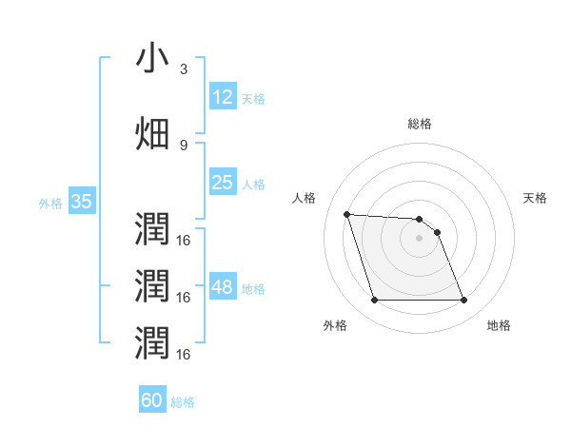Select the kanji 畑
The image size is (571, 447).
point(152,133)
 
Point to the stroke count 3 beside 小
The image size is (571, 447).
point(184,69)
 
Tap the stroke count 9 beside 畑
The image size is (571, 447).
point(184,144)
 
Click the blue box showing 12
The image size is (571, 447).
point(222,97)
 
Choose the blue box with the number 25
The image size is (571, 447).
point(222,183)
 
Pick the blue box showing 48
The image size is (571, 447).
point(222,288)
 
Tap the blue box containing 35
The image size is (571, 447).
point(81,202)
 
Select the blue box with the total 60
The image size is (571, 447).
point(152,400)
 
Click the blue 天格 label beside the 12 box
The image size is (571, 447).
point(253,99)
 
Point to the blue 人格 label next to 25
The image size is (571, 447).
point(253,185)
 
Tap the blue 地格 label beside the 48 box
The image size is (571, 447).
point(253,289)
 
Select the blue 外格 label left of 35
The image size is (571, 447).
point(50,203)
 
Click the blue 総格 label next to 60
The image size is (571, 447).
point(183,402)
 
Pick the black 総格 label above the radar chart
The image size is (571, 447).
point(419,124)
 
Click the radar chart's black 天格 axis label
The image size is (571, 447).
point(536,198)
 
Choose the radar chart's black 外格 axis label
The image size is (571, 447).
point(334,325)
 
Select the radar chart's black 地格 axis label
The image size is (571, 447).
point(499,325)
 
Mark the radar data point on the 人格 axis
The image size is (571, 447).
point(346,214)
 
